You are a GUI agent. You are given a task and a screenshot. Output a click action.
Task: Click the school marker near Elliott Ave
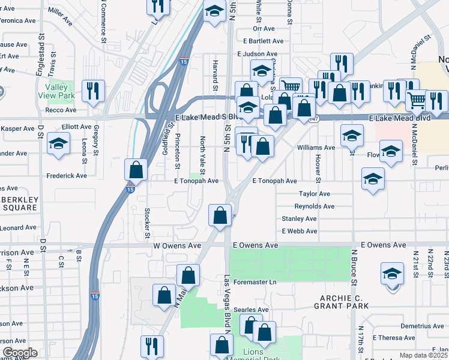click(x=59, y=144)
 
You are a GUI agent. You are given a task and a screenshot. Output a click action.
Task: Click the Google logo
click(x=19, y=353)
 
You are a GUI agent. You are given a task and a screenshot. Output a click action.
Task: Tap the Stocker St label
click(x=147, y=221)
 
